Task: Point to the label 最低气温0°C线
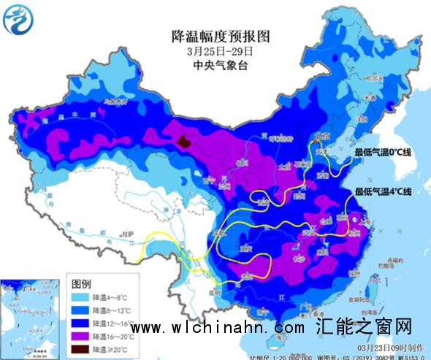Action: point(384,152)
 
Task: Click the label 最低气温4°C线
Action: point(384,192)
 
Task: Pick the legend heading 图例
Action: point(81,283)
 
